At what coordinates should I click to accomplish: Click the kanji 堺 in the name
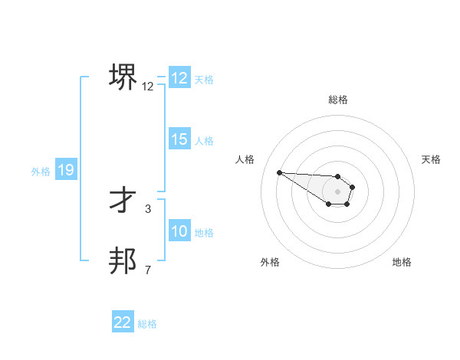click(123, 77)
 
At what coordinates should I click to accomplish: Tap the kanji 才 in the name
click(123, 200)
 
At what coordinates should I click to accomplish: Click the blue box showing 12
click(179, 78)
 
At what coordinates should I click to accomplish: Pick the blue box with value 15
click(179, 139)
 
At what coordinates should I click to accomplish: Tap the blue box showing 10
click(179, 231)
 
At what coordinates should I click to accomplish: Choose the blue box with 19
click(66, 170)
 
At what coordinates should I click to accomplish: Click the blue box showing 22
click(123, 322)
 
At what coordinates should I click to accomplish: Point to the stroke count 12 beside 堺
click(148, 87)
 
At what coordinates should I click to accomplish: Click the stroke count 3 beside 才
click(148, 208)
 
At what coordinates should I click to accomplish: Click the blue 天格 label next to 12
click(204, 80)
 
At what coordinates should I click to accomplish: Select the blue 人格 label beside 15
click(204, 141)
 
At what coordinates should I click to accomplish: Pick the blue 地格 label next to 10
click(204, 233)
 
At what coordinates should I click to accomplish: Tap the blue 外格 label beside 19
click(41, 172)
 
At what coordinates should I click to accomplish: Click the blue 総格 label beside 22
click(147, 324)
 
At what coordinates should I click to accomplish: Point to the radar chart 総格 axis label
click(338, 100)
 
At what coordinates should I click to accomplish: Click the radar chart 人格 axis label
click(245, 159)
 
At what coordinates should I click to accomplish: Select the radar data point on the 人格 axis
click(279, 172)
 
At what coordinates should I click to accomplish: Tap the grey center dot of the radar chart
click(338, 191)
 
